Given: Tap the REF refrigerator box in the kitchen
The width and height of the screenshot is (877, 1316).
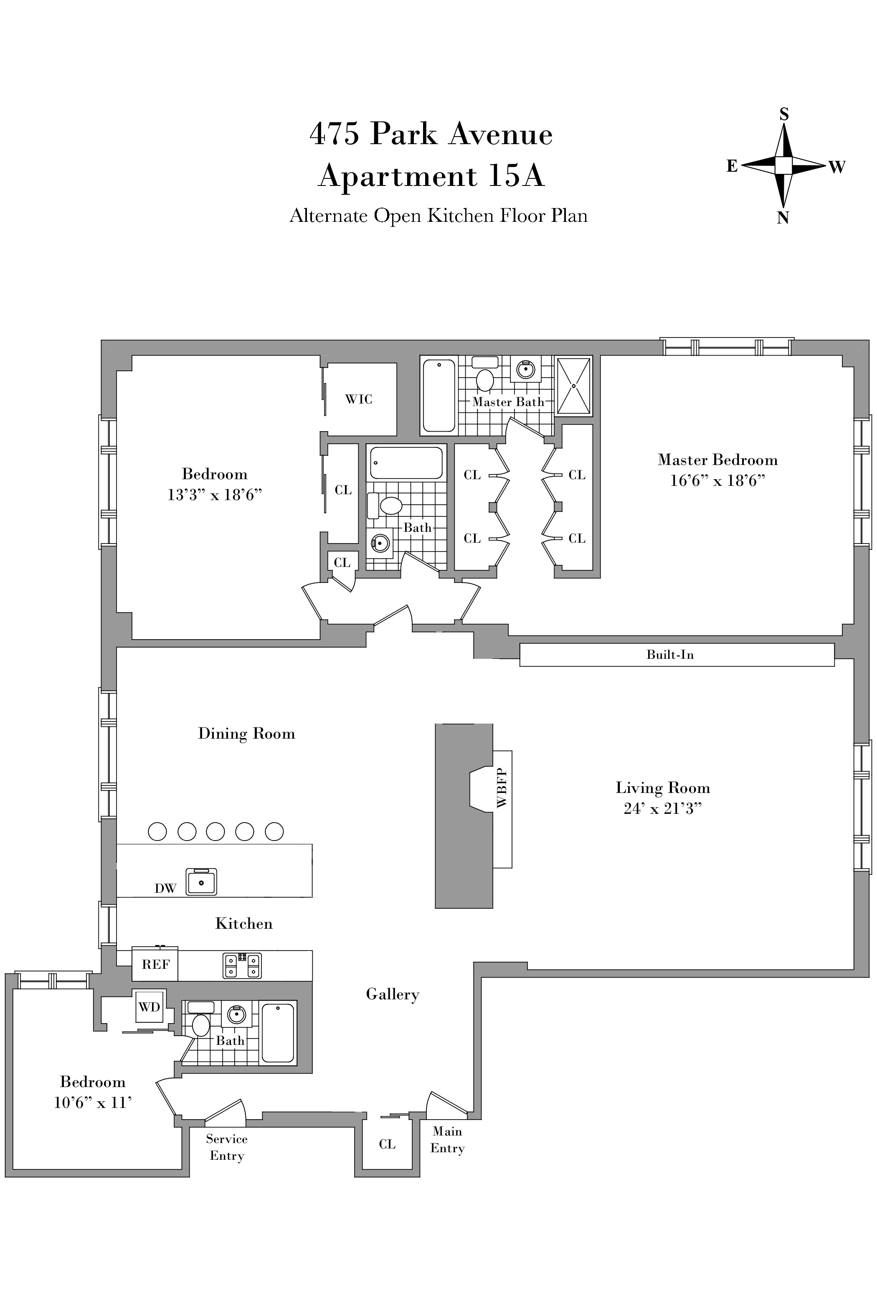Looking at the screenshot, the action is click(155, 965).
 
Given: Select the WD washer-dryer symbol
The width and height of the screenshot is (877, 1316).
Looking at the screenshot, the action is click(150, 1007).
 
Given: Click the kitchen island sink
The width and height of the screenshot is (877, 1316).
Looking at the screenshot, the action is click(201, 882).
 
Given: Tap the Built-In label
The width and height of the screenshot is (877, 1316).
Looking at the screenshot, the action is click(670, 655).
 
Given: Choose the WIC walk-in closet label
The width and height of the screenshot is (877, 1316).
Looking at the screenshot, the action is click(358, 399).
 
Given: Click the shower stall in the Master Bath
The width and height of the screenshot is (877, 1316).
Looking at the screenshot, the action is click(573, 386).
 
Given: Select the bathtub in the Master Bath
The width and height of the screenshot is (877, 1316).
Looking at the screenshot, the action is click(439, 396).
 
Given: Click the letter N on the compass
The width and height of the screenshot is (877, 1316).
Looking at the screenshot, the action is click(783, 218).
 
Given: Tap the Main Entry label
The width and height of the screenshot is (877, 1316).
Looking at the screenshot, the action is click(447, 1140).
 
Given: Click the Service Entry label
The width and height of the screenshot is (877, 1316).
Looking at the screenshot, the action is click(226, 1147).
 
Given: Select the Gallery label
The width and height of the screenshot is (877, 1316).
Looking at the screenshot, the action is click(393, 994).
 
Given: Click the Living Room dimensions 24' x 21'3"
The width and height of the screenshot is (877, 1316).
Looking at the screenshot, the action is click(663, 808).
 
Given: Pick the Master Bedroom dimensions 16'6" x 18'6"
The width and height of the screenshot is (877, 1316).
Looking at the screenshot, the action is click(717, 480).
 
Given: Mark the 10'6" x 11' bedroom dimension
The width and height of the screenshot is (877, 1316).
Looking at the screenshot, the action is click(93, 1102).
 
